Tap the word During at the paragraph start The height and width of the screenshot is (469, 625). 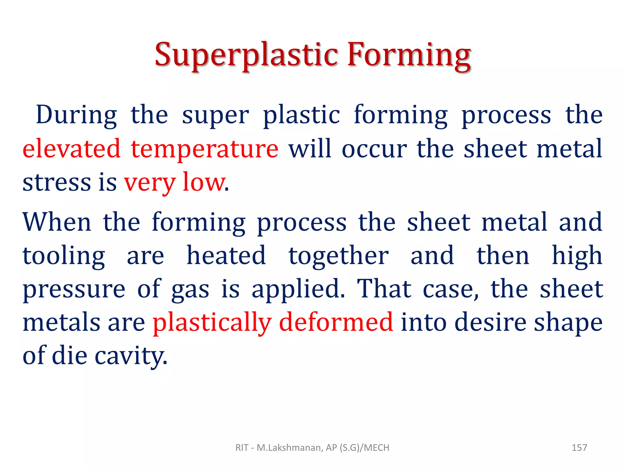[76, 115]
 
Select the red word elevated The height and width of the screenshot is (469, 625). [72, 149]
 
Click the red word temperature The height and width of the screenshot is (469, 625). [204, 150]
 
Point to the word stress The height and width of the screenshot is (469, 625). [57, 182]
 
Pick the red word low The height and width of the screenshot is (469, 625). [203, 182]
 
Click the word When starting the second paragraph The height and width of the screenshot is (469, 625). [57, 222]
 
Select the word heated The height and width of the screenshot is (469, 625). [226, 256]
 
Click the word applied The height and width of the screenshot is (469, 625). [298, 289]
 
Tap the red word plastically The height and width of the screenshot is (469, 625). [212, 323]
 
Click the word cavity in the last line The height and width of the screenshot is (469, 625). [131, 357]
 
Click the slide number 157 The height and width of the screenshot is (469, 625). [579, 448]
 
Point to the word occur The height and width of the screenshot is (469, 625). [374, 150]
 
